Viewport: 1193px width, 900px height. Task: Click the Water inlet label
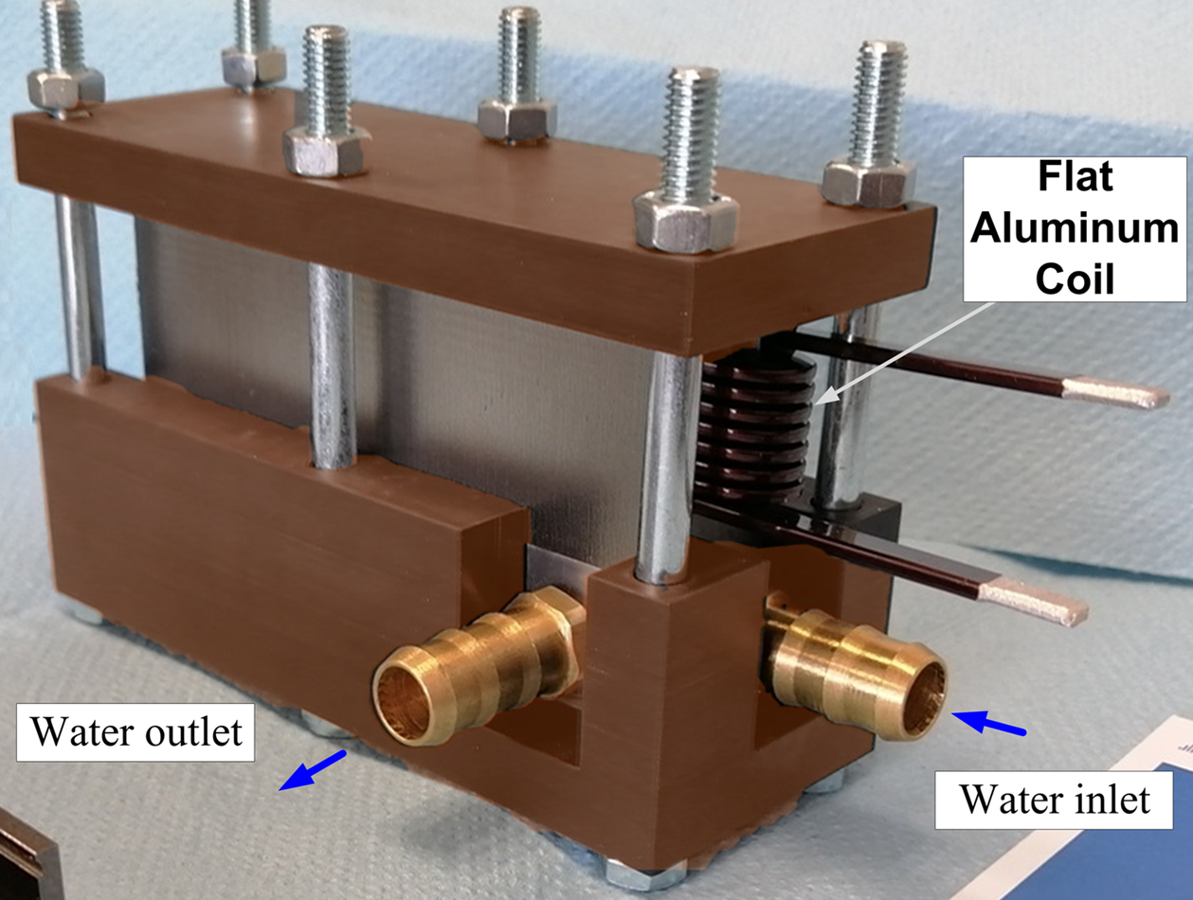pyautogui.click(x=1055, y=799)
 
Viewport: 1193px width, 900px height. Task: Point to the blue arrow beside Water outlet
pyautogui.click(x=312, y=768)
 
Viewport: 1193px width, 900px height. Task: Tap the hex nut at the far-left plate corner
pyautogui.click(x=64, y=87)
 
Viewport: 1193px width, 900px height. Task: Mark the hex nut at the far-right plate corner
pyautogui.click(x=868, y=180)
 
